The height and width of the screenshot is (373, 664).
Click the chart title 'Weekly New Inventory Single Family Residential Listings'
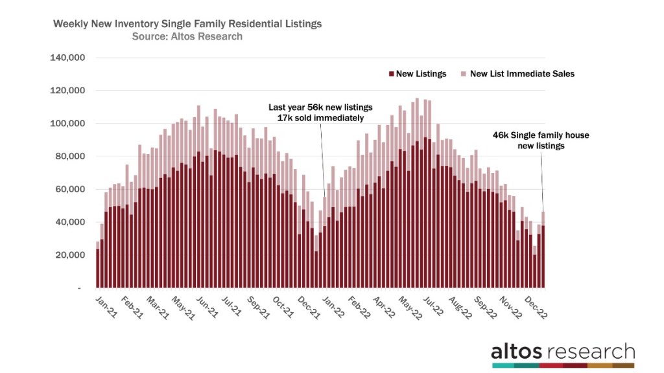(187, 24)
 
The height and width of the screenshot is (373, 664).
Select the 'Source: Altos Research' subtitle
(187, 37)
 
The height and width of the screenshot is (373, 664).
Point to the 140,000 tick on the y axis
(67, 58)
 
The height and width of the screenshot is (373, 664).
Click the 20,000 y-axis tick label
(70, 255)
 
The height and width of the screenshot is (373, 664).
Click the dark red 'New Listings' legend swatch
(391, 74)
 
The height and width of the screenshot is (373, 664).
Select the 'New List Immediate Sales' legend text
(522, 74)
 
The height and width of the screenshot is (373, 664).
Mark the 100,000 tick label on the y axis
(67, 123)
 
